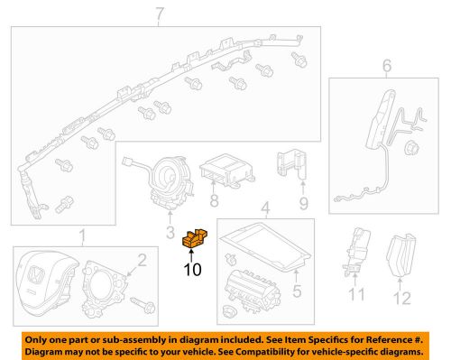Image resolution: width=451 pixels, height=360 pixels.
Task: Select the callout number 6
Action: (x=387, y=66)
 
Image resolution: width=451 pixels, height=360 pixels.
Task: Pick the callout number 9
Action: (x=303, y=203)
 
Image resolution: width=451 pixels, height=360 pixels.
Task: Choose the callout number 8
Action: (x=214, y=204)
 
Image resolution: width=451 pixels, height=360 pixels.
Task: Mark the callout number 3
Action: (x=170, y=235)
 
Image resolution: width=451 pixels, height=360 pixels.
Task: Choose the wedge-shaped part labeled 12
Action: (x=400, y=257)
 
